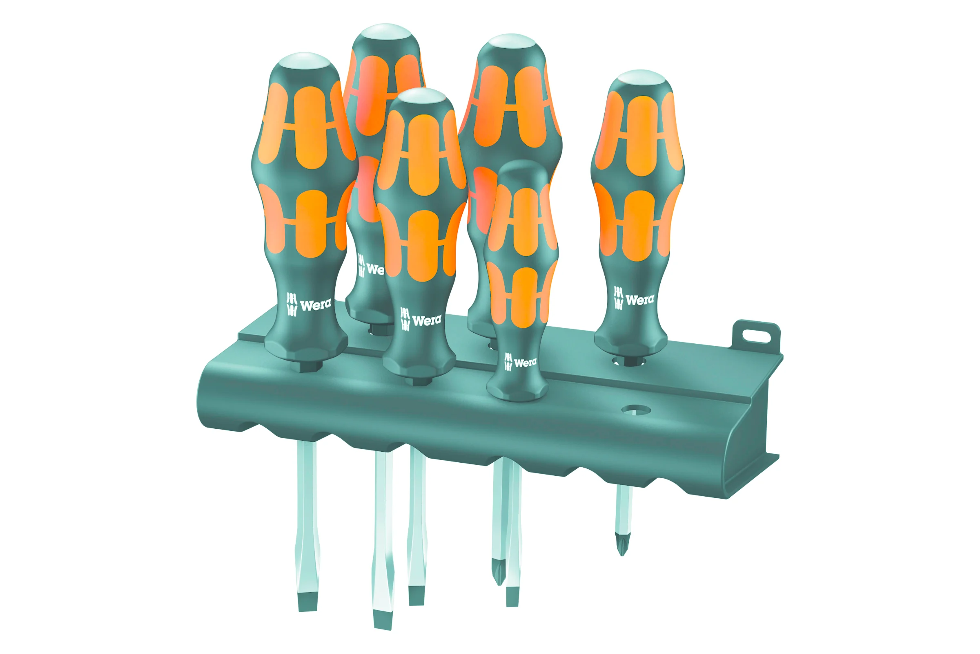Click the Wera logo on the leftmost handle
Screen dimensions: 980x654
point(309,305)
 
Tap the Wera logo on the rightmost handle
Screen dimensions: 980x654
point(634,298)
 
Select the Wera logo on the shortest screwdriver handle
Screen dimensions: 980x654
point(520,362)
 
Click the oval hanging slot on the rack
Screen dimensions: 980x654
point(756,336)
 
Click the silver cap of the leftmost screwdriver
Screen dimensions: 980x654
point(305,61)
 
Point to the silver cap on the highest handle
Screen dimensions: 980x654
point(386,32)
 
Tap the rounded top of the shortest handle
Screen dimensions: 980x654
point(523,168)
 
